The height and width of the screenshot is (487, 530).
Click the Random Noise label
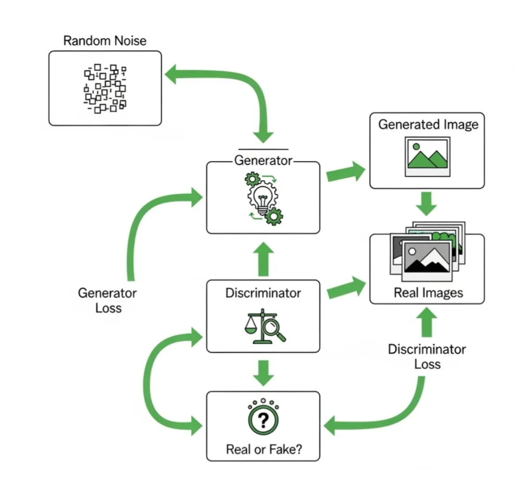(105, 41)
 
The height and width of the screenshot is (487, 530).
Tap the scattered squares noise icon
(105, 88)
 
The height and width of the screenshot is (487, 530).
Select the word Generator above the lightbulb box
(263, 160)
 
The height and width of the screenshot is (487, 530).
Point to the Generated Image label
(428, 125)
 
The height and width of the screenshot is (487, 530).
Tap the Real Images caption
(428, 293)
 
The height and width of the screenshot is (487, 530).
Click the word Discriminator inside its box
(263, 293)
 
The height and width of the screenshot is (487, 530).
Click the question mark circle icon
(263, 419)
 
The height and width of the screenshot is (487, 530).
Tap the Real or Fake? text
(264, 449)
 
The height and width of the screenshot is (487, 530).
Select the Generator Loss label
(107, 300)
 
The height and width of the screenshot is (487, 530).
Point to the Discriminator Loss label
(427, 356)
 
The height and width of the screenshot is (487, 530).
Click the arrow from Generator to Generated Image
(345, 173)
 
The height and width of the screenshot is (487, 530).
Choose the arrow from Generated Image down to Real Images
(427, 203)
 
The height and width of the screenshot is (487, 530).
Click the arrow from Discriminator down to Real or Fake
(263, 372)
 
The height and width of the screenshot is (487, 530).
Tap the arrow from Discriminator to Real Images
(346, 288)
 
